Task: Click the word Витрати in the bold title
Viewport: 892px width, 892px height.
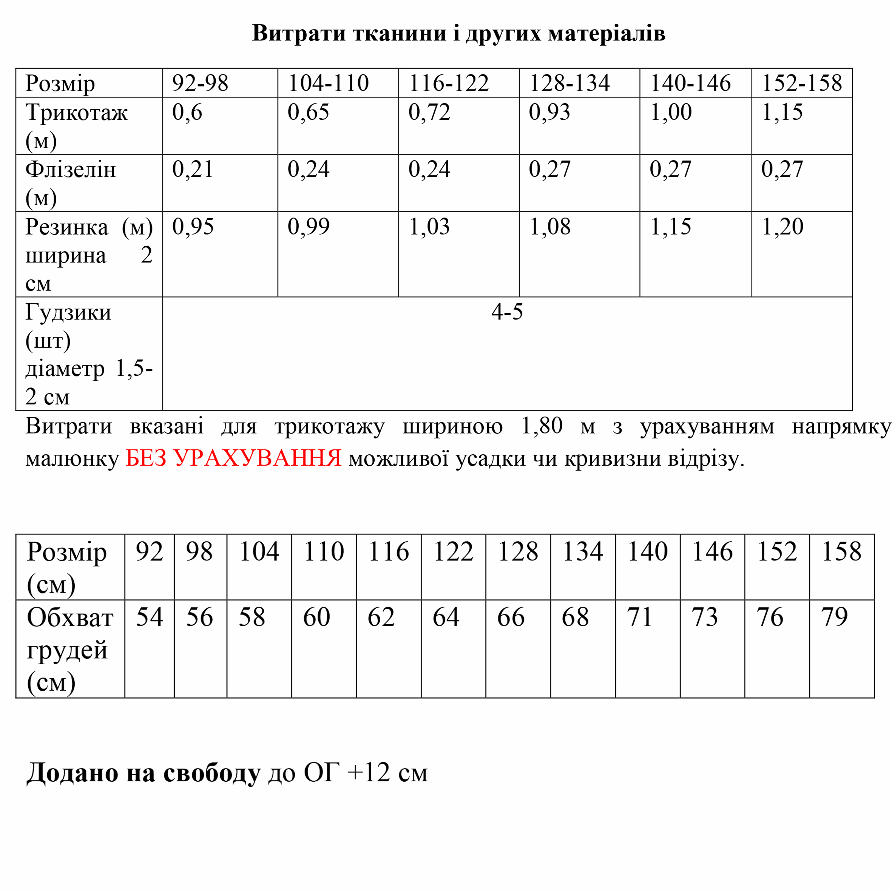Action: coord(298,33)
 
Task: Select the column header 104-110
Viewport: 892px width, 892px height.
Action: coord(328,83)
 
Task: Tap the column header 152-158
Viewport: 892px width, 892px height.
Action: coord(801,83)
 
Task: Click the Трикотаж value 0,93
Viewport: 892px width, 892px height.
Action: coord(549,112)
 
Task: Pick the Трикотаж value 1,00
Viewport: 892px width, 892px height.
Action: coord(670,112)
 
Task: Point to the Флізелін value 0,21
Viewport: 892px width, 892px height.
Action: coord(193,170)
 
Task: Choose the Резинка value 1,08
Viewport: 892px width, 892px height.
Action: coord(549,227)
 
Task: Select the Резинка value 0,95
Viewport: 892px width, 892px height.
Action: coord(193,227)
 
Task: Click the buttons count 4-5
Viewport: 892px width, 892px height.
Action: coord(507,312)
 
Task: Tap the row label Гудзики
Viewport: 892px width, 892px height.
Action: coord(68,313)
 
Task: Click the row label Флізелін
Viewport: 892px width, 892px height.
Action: coord(71,170)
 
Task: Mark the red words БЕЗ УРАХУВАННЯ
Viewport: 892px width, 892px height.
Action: coord(233,458)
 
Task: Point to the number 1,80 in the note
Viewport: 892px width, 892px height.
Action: coord(542,426)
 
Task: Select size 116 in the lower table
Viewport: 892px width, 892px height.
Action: coord(388,551)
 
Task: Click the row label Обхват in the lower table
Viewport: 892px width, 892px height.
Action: coord(70,618)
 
